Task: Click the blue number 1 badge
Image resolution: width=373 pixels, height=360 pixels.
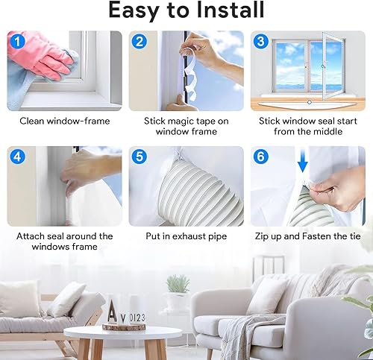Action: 17,41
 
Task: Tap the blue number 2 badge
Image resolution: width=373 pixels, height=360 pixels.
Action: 140,41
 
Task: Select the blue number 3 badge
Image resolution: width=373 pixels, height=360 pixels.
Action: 261,41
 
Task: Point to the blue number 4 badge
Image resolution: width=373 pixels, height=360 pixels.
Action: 17,157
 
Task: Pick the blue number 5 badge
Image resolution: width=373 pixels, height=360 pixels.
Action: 140,157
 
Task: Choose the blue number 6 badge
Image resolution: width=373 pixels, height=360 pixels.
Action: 261,157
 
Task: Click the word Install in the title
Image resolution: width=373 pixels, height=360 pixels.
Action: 230,10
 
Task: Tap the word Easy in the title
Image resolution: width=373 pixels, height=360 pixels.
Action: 134,11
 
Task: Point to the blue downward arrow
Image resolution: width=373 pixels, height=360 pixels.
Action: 303,160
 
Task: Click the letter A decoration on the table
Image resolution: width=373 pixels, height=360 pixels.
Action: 113,311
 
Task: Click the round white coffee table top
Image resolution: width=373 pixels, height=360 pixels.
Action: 123,332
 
